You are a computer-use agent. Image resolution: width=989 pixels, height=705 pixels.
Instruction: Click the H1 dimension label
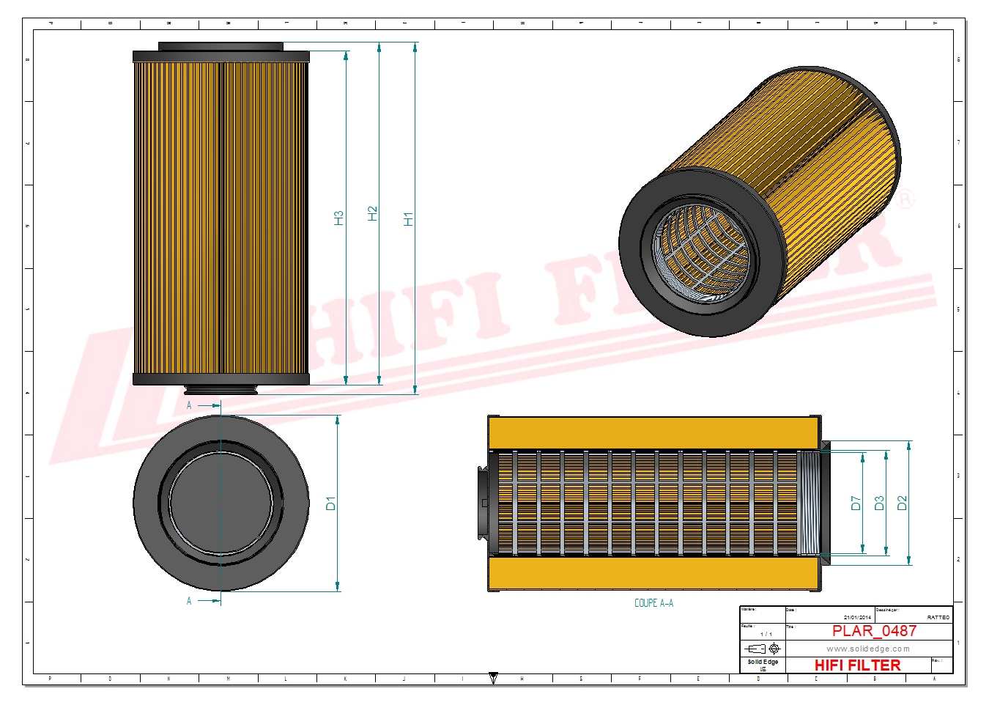pyautogui.click(x=408, y=218)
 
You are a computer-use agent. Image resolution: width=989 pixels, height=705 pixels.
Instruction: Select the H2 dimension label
pyautogui.click(x=372, y=213)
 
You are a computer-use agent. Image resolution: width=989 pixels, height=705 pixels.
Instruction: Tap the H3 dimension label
pyautogui.click(x=338, y=218)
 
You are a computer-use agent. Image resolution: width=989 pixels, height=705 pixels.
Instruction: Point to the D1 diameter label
pyautogui.click(x=330, y=503)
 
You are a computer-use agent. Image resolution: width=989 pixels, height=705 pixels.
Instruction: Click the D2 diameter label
pyautogui.click(x=902, y=503)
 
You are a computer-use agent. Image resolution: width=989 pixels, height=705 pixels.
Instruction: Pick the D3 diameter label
pyautogui.click(x=879, y=503)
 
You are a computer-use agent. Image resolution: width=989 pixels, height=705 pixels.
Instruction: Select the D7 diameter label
pyautogui.click(x=856, y=503)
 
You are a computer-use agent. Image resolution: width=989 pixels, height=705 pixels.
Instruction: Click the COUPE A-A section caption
pyautogui.click(x=653, y=603)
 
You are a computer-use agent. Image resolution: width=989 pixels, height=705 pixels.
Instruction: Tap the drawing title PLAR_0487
pyautogui.click(x=874, y=631)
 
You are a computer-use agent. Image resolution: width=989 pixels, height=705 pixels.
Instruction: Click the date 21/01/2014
pyautogui.click(x=857, y=618)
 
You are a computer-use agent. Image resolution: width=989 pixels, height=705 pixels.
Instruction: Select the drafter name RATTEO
pyautogui.click(x=938, y=618)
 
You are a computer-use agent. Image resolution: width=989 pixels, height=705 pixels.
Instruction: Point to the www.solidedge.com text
pyautogui.click(x=868, y=649)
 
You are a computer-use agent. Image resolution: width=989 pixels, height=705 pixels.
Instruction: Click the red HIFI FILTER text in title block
pyautogui.click(x=857, y=665)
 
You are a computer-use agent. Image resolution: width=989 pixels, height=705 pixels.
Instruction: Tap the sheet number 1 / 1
pyautogui.click(x=766, y=634)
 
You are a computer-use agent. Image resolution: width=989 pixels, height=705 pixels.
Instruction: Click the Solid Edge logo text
pyautogui.click(x=763, y=662)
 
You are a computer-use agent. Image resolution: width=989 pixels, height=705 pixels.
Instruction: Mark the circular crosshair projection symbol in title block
pyautogui.click(x=774, y=649)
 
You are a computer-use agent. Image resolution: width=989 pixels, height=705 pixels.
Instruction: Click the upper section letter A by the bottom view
pyautogui.click(x=189, y=405)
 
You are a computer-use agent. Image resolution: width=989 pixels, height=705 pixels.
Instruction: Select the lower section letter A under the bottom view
pyautogui.click(x=189, y=601)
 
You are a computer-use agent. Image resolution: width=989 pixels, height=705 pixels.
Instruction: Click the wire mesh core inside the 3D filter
pyautogui.click(x=700, y=253)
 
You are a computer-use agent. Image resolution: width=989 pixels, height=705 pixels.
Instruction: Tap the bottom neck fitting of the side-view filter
pyautogui.click(x=221, y=390)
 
